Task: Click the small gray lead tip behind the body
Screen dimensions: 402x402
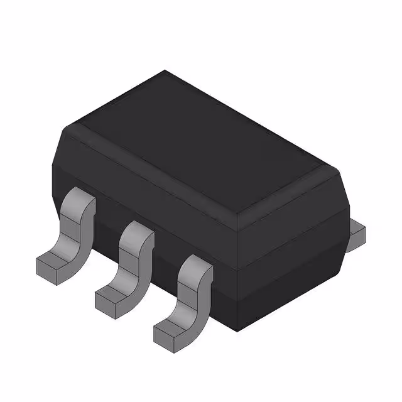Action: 356,234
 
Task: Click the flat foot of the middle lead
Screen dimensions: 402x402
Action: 113,292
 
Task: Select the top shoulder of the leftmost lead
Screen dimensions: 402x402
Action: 80,200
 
